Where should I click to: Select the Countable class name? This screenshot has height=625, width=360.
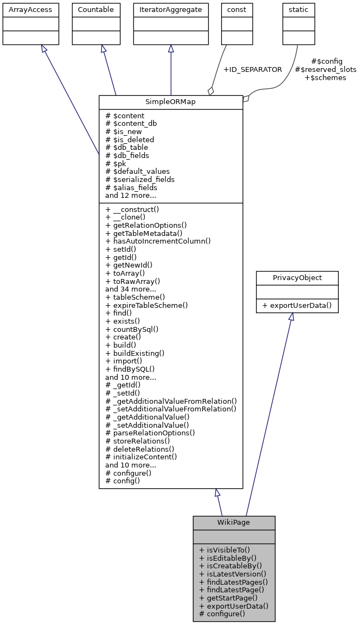click(96, 9)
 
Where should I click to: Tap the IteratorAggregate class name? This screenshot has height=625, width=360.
click(170, 9)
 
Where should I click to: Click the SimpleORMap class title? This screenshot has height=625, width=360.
click(170, 102)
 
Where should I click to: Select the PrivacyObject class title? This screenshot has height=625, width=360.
click(297, 278)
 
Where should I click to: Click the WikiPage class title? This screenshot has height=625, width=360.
click(234, 523)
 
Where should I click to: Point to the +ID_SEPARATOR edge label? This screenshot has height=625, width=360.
click(253, 70)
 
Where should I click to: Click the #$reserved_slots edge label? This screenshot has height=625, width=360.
click(325, 70)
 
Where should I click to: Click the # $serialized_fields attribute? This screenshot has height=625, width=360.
click(140, 179)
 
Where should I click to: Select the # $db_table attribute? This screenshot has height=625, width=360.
click(126, 147)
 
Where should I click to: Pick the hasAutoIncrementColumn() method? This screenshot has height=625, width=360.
click(158, 241)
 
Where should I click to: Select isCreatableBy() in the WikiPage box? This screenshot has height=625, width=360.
click(231, 566)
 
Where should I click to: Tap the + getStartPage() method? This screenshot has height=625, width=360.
click(228, 598)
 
